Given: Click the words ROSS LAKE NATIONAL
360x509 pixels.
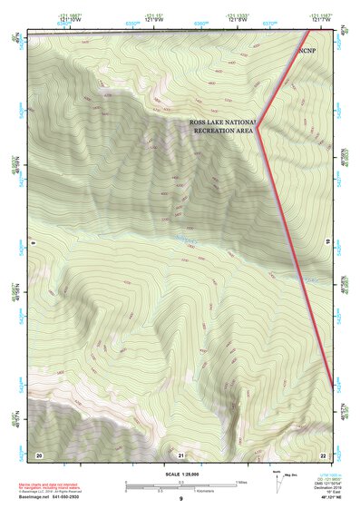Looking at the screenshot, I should [x=223, y=121].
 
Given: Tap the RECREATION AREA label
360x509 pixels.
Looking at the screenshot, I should [x=223, y=131].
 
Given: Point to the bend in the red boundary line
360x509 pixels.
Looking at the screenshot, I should [x=258, y=128].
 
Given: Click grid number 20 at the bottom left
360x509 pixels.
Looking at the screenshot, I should [x=39, y=454].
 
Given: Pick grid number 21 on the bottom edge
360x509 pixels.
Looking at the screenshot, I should [x=181, y=454].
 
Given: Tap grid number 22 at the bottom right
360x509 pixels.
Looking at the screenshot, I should [x=324, y=454].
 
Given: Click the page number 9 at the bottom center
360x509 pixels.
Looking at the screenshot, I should [x=180, y=500].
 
